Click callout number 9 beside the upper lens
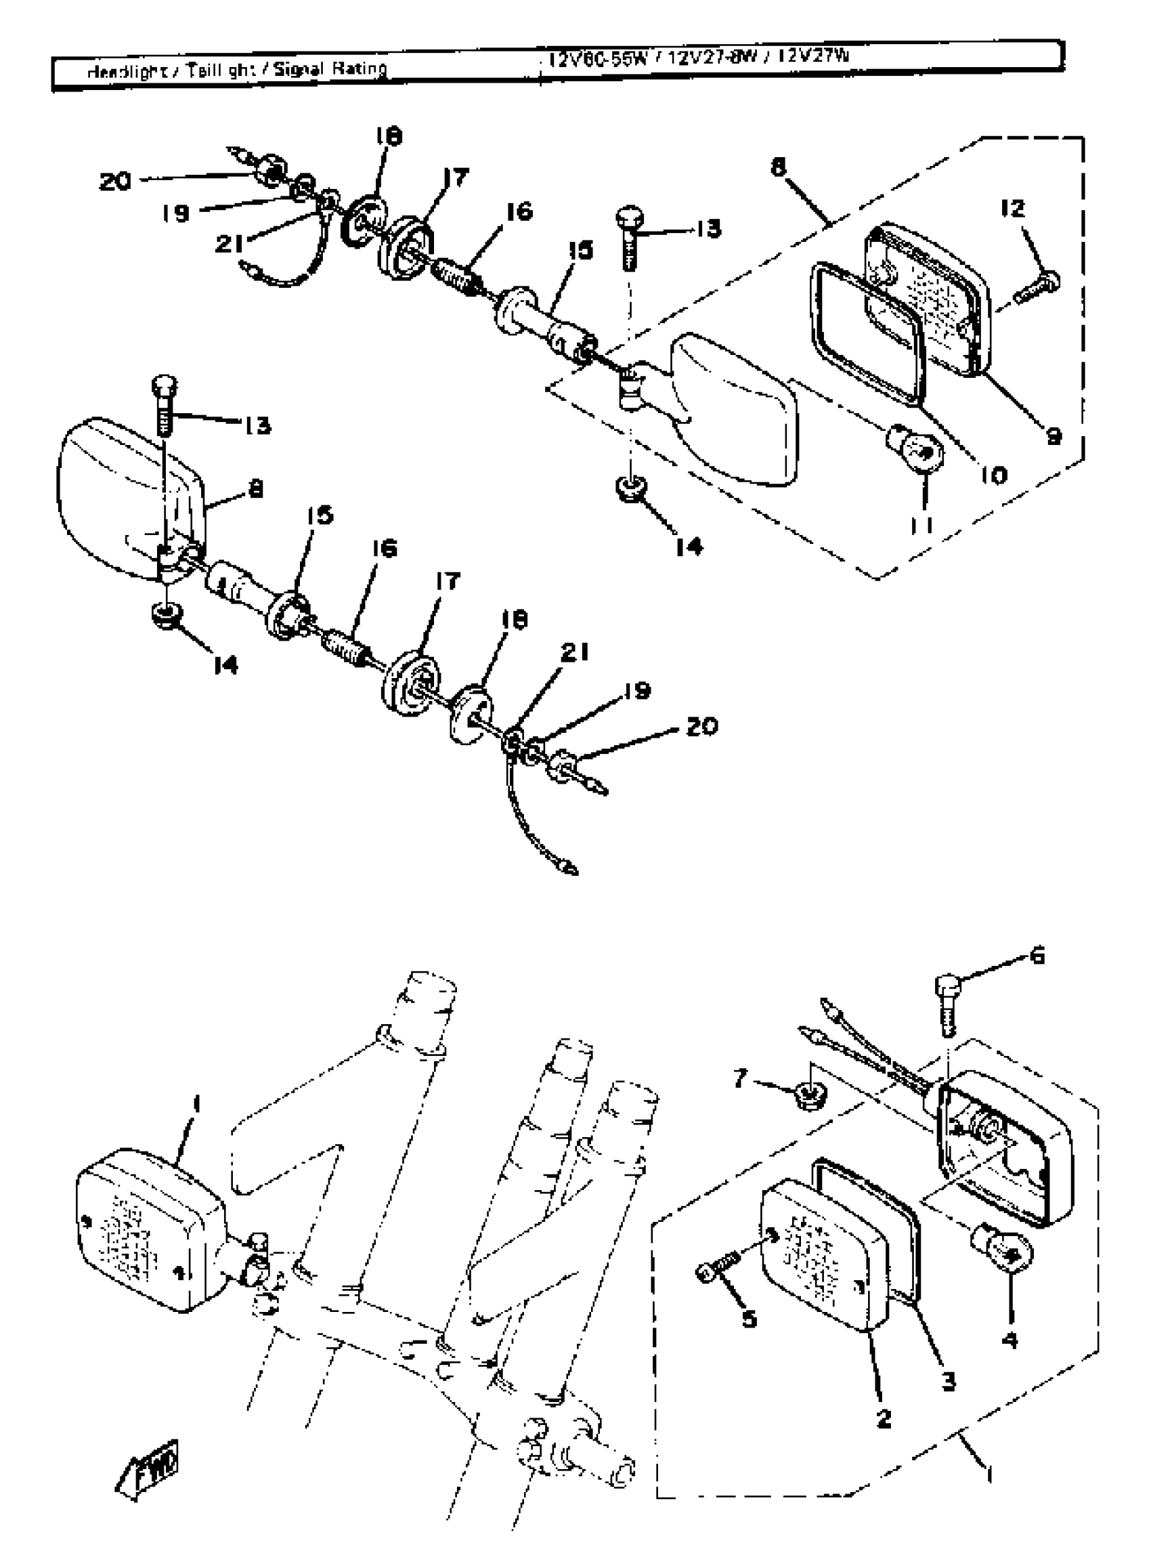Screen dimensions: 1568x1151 pos(1054,437)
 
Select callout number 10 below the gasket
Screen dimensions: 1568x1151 pos(993,475)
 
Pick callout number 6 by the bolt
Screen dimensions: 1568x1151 pos(1037,957)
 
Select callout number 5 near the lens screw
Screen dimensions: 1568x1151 pos(748,1319)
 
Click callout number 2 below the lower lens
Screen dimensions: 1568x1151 pos(883,1418)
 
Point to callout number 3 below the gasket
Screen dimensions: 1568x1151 pos(949,1380)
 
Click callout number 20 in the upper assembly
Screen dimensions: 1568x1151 pos(115,182)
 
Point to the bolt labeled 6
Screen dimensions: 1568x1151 pos(945,1004)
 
